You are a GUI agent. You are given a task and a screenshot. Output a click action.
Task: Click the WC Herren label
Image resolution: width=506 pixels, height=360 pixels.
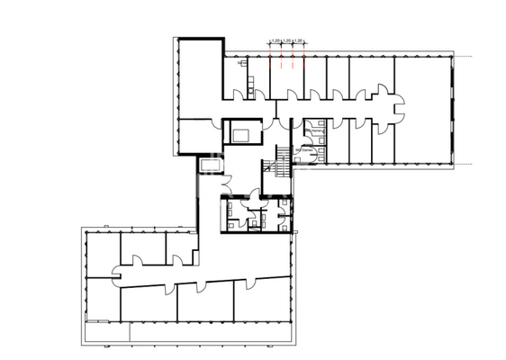315,130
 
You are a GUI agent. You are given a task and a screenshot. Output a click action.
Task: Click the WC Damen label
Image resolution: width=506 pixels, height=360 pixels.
315,150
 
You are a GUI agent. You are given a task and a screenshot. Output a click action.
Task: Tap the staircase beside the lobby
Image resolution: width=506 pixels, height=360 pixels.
281,162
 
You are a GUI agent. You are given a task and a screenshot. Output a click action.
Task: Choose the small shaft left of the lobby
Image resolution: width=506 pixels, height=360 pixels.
212,166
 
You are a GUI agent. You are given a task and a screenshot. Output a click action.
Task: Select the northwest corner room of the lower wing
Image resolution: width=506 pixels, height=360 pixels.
102,252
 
